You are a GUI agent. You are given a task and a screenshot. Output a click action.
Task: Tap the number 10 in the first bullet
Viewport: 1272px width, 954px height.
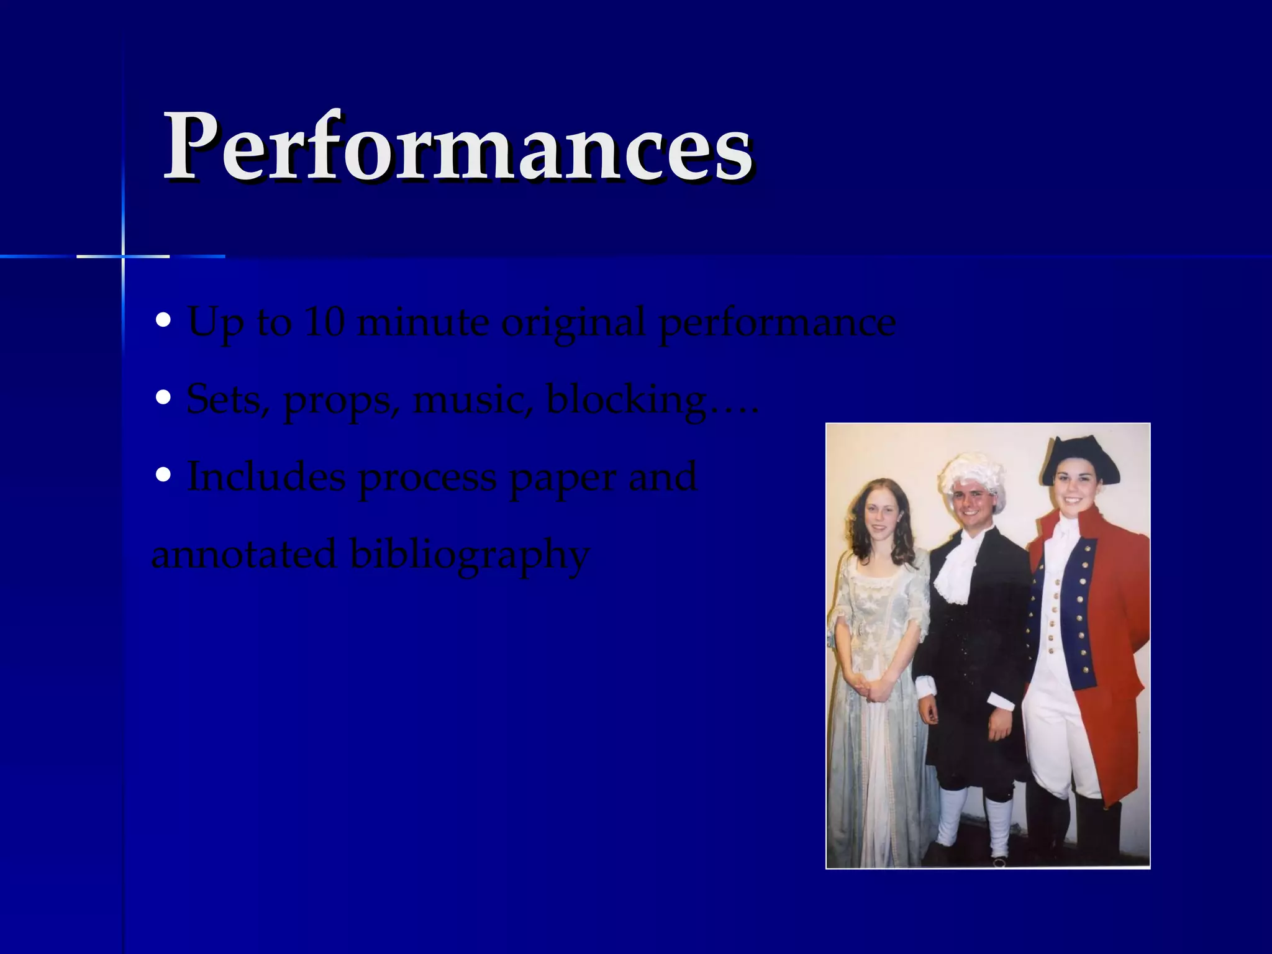(x=324, y=322)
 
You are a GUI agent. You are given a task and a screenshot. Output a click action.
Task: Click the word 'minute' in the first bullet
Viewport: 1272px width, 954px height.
(x=423, y=322)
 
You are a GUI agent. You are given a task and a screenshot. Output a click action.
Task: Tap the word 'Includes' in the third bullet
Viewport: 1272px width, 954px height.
(x=266, y=477)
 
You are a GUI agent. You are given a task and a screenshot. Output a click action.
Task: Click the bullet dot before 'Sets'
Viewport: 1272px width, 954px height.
(x=163, y=397)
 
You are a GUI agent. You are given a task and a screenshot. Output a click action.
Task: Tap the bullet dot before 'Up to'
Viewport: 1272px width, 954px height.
(x=163, y=320)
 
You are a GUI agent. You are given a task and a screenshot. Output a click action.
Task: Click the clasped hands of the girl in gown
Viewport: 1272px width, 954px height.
(x=873, y=690)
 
